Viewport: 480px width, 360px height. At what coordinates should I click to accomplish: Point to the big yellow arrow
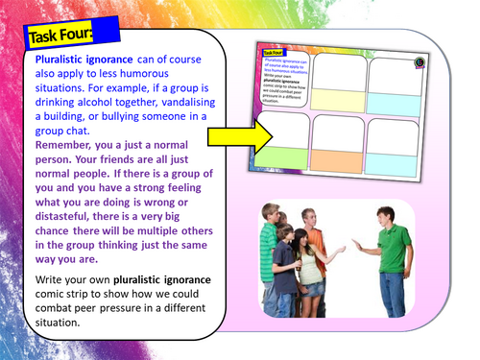click(x=235, y=130)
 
